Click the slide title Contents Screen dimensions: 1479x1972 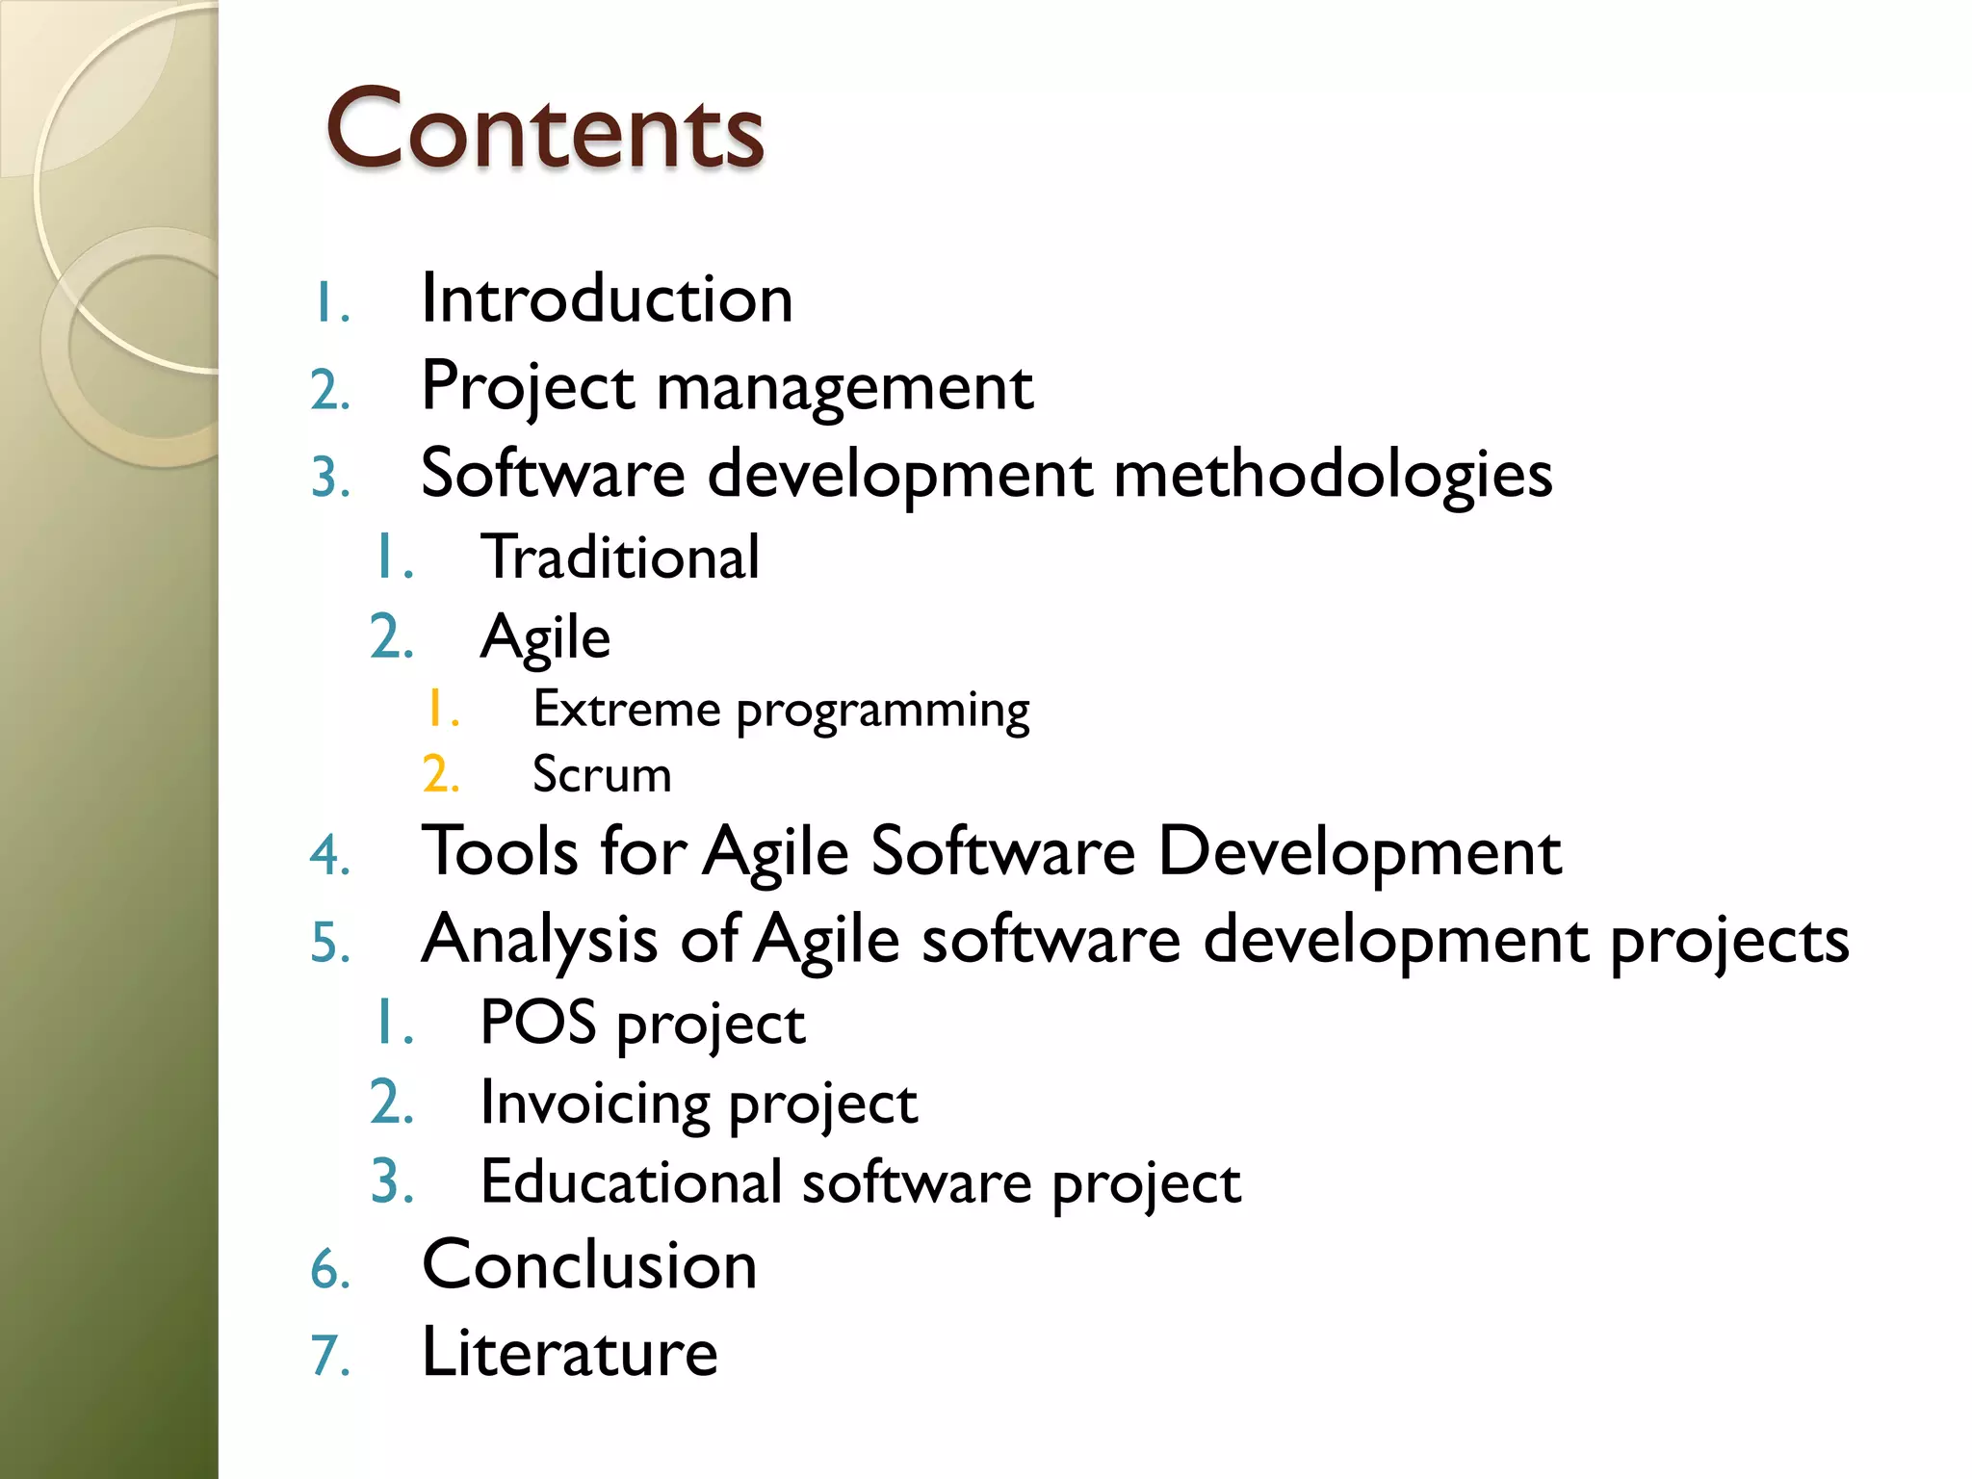tap(545, 129)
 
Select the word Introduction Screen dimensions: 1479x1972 tap(608, 298)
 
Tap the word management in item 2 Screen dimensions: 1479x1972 tap(844, 387)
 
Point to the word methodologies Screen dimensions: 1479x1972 tap(1333, 475)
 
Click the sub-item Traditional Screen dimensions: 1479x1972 tap(620, 557)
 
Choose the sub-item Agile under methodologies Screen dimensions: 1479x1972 tap(545, 637)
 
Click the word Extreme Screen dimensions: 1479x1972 tap(627, 710)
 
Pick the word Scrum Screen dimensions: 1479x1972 tap(602, 774)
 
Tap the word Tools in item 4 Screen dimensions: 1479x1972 tap(500, 851)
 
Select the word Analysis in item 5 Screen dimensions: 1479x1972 tap(539, 940)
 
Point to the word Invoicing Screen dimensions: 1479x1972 tap(594, 1103)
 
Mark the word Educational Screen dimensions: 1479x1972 tap(631, 1181)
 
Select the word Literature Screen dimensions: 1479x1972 tap(570, 1352)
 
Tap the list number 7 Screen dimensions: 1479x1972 tap(328, 1356)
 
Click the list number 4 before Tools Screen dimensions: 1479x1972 tap(328, 855)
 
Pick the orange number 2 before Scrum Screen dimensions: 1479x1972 tap(440, 775)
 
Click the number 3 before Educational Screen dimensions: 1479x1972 tap(391, 1182)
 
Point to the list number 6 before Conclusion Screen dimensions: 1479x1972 tap(328, 1268)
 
